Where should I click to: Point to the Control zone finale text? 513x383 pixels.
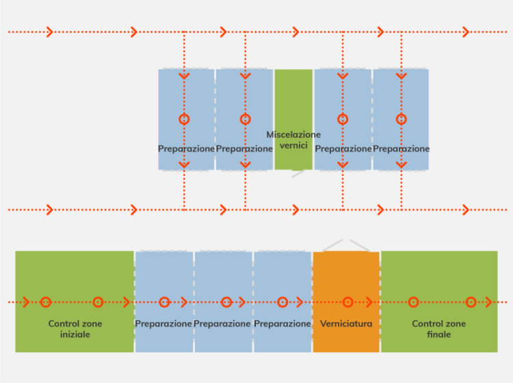click(x=439, y=329)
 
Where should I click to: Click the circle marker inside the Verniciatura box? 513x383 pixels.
click(x=347, y=302)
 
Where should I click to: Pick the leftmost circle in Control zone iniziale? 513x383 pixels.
click(x=46, y=302)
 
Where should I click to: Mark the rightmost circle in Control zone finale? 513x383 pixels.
click(x=471, y=302)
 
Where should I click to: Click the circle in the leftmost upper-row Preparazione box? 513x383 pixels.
click(x=184, y=119)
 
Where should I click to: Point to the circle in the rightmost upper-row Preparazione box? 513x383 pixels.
click(x=402, y=119)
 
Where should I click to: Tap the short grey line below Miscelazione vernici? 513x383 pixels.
click(x=298, y=174)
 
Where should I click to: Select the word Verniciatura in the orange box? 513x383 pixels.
click(x=346, y=323)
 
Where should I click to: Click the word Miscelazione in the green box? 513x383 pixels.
click(x=293, y=135)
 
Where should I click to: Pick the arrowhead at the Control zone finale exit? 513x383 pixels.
click(x=488, y=302)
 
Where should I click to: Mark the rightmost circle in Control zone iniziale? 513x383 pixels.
click(x=98, y=302)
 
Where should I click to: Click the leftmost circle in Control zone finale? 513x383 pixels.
click(x=412, y=302)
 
